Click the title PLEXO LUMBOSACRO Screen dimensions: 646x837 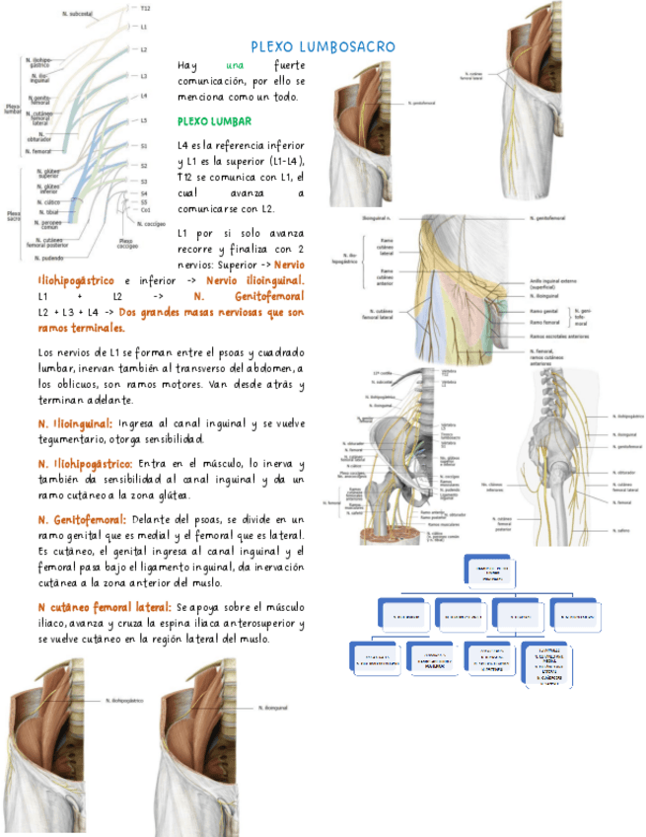[323, 46]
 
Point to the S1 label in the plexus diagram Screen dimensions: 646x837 [144, 145]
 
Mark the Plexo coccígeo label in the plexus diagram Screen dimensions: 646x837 [127, 243]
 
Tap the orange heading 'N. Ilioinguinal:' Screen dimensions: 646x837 [74, 424]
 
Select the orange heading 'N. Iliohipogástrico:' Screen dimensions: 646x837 [85, 463]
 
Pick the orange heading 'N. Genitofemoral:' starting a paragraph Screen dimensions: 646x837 [82, 519]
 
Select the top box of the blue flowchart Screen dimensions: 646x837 [488, 571]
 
